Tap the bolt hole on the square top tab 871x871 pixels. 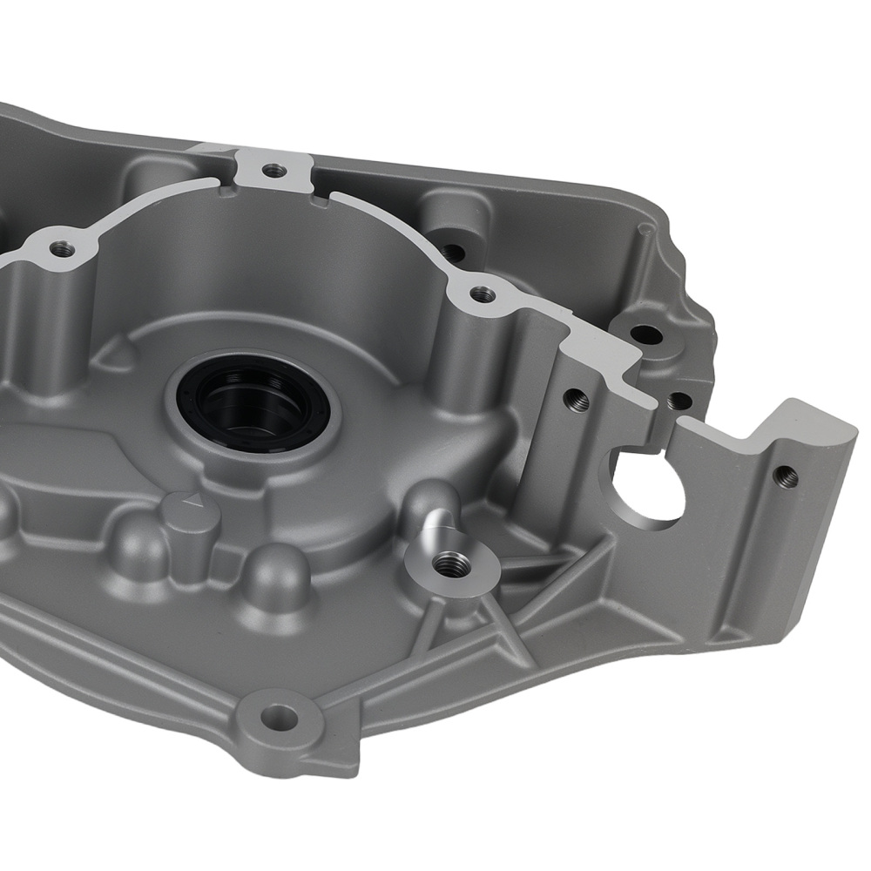click(273, 171)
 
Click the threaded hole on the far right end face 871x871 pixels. click(786, 475)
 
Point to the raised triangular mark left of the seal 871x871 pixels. click(123, 352)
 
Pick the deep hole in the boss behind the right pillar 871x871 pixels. click(452, 252)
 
